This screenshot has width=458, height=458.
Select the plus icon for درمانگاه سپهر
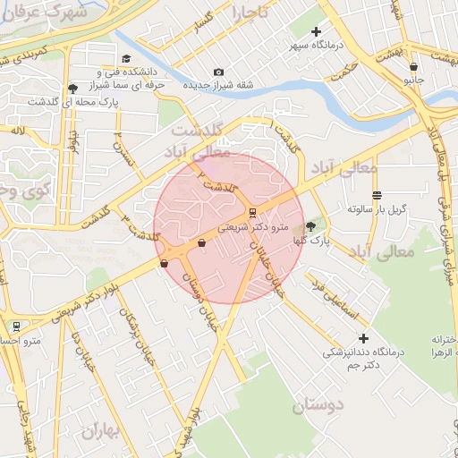point(316,32)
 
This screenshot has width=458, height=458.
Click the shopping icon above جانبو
point(412,66)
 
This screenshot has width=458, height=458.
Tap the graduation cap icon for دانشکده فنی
point(99,71)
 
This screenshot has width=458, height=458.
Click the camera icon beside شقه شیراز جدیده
point(218,72)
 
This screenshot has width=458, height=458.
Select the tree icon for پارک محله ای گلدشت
point(72,89)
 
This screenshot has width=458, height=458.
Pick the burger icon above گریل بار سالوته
point(377,194)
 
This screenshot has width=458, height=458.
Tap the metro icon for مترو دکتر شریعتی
point(252,212)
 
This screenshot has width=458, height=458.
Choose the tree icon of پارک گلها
point(310,226)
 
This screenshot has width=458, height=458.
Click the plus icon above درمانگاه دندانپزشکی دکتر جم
point(363,338)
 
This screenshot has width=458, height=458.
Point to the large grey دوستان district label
point(317,405)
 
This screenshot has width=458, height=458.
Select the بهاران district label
point(100,431)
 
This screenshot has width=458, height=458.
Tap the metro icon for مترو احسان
point(16,326)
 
